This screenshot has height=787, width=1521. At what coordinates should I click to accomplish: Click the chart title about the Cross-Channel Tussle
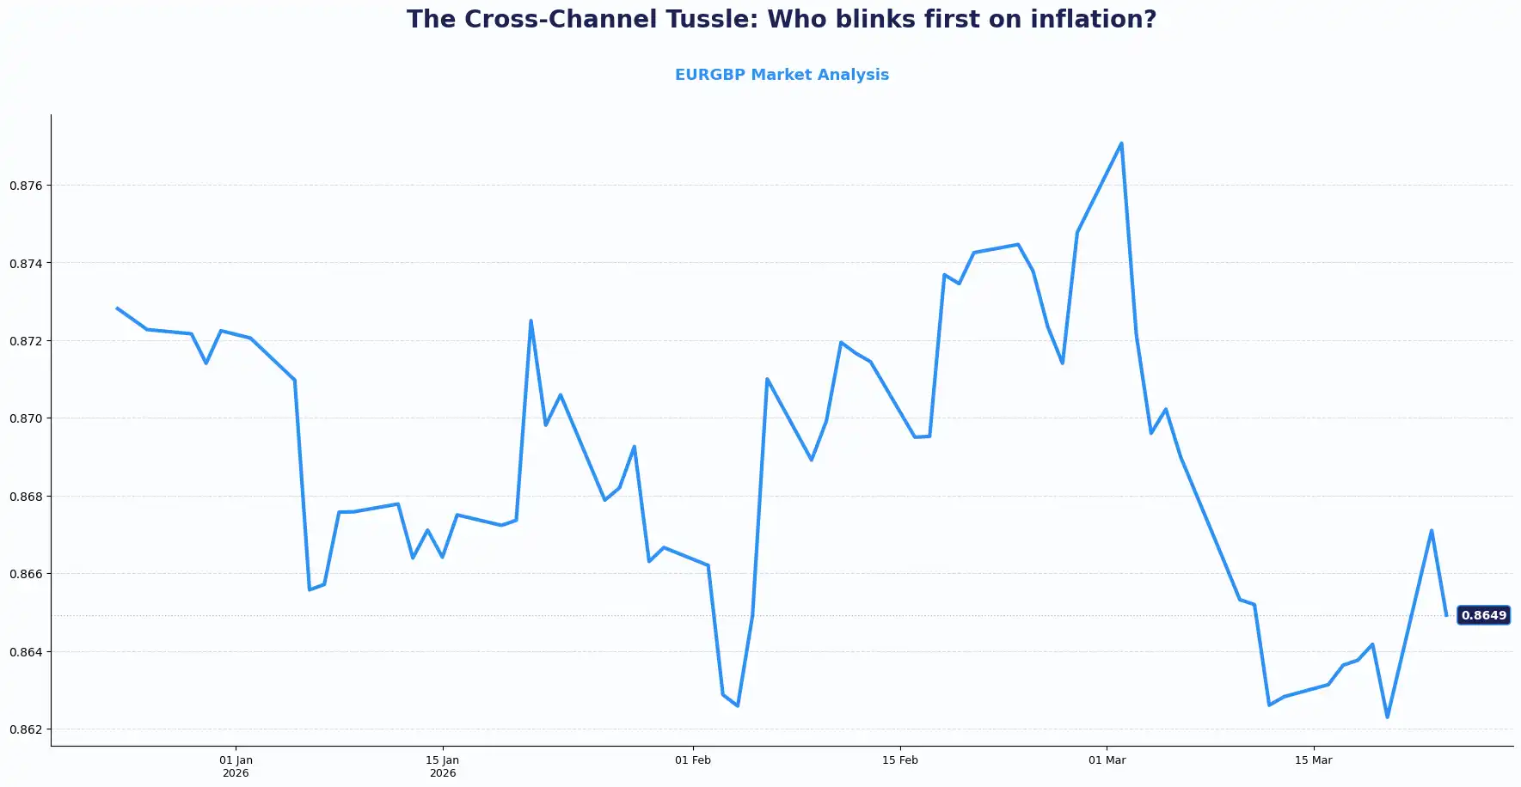tap(781, 20)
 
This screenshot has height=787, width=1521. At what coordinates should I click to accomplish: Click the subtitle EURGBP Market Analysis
tap(782, 75)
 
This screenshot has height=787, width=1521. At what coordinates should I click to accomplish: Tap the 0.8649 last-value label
tap(1483, 615)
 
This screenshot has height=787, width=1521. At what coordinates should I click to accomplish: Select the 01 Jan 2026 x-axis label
tap(236, 766)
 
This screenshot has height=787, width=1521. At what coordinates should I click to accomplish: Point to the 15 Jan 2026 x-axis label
tap(443, 766)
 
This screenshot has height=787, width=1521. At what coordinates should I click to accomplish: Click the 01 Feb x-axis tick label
tap(693, 760)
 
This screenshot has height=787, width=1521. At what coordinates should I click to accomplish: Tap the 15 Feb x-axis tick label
tap(900, 760)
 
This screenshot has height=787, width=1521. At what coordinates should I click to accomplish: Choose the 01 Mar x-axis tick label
tap(1107, 760)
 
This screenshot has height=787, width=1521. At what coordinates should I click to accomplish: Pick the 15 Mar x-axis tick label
tap(1314, 760)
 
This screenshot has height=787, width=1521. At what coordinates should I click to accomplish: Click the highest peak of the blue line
tap(1121, 143)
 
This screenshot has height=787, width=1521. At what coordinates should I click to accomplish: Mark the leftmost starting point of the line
tap(117, 308)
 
